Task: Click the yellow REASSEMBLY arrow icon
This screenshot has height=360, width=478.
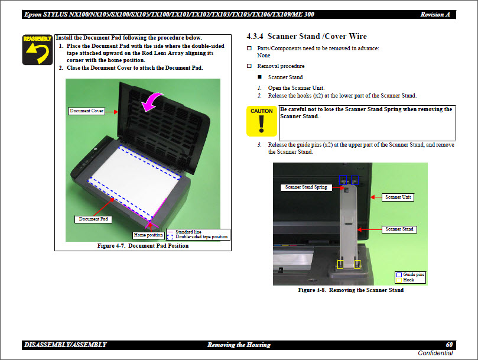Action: tap(37, 50)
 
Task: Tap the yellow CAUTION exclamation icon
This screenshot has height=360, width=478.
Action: tap(261, 121)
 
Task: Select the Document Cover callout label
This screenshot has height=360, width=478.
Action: tap(86, 111)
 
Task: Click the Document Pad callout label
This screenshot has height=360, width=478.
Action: tap(94, 219)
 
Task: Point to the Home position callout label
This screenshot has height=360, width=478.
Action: tap(148, 235)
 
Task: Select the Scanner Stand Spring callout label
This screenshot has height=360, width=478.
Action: tap(306, 187)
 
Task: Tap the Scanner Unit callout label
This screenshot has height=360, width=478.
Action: tap(398, 197)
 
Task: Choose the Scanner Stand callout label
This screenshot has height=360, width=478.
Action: tap(399, 229)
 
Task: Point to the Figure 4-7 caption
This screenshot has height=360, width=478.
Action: tap(142, 246)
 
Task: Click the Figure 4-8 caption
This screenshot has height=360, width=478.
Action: tap(351, 290)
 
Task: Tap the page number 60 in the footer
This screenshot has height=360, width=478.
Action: tap(449, 345)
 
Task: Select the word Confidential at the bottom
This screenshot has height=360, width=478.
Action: tap(435, 353)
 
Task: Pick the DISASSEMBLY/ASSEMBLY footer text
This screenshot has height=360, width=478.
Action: tap(66, 345)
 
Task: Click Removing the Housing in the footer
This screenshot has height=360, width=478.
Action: tap(239, 345)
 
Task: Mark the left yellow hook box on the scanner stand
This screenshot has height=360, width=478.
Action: tap(340, 264)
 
